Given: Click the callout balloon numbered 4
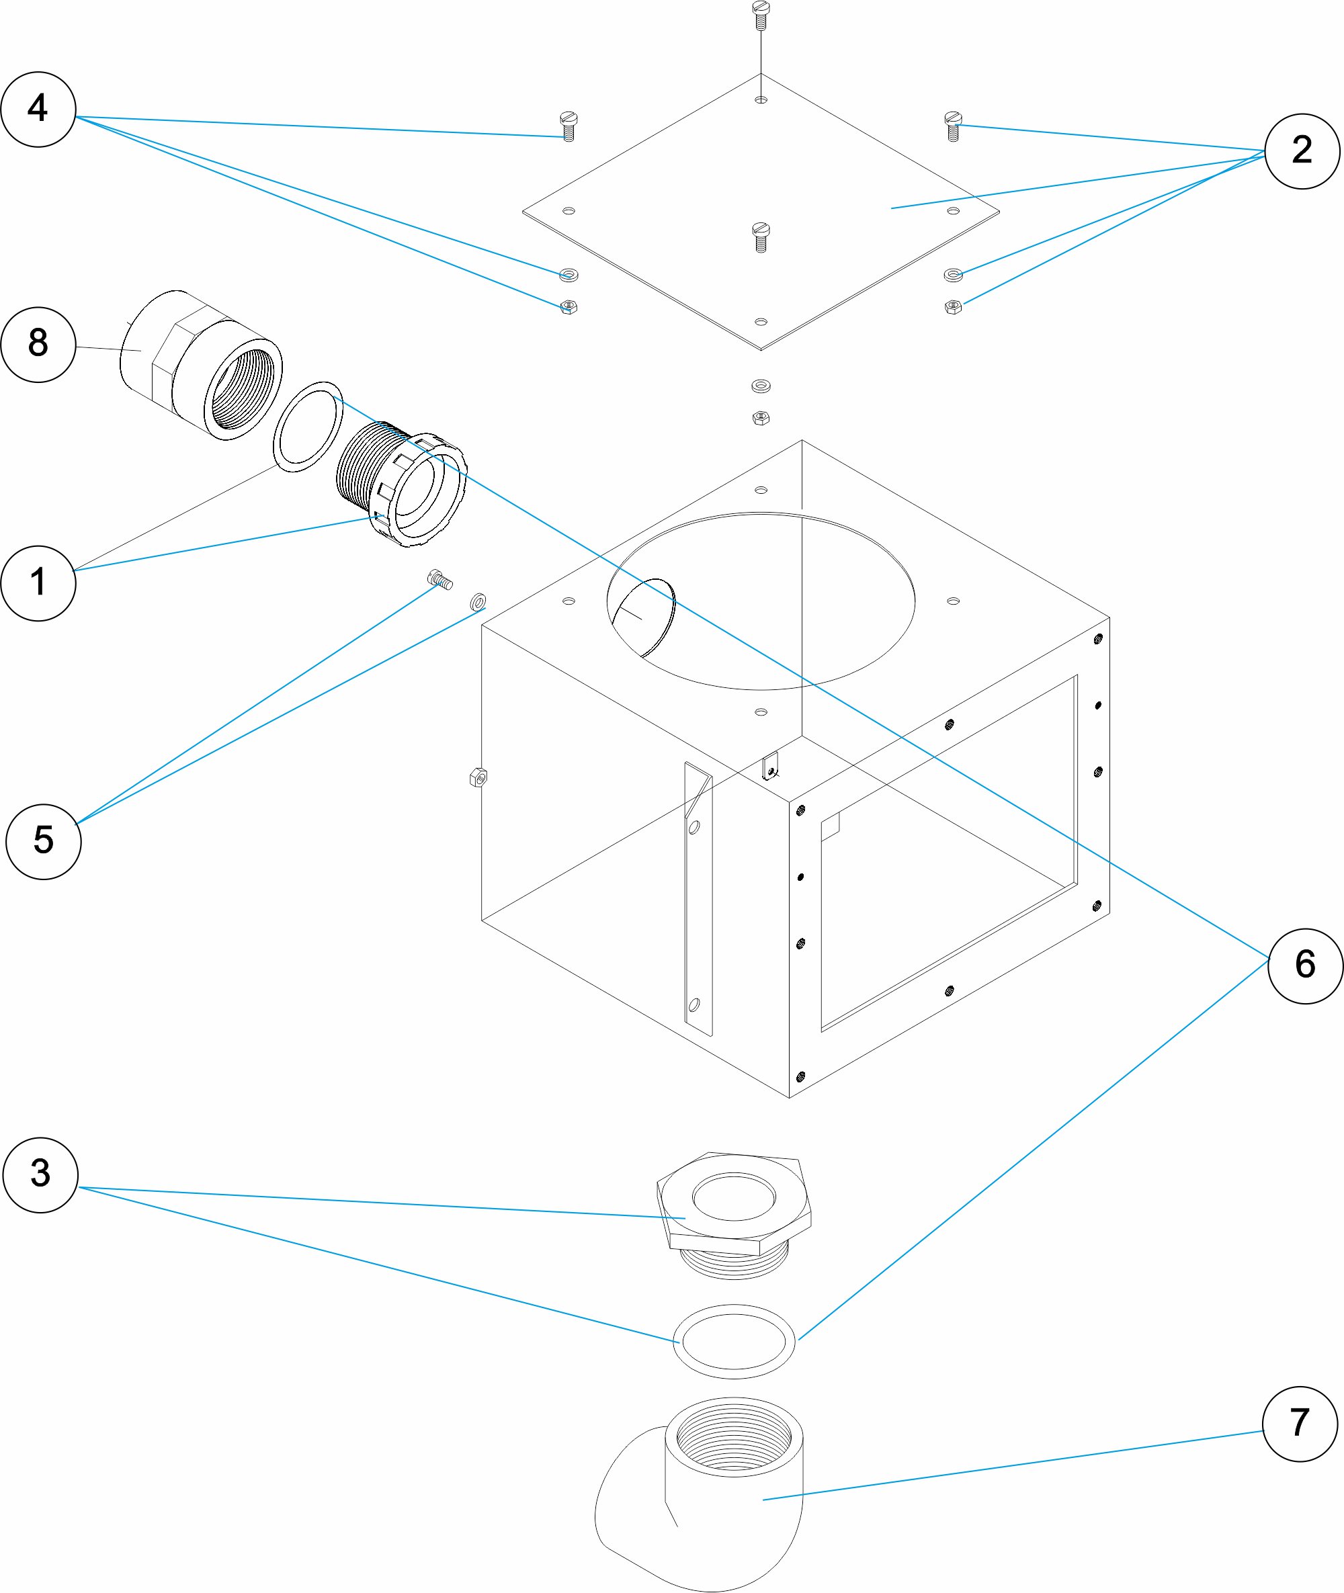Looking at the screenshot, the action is click(x=38, y=109).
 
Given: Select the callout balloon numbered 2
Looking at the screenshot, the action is click(x=1302, y=151).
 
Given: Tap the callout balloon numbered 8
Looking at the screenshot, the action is click(x=38, y=345).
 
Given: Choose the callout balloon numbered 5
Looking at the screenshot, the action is click(x=44, y=841).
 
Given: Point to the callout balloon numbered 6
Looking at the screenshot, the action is click(x=1305, y=966).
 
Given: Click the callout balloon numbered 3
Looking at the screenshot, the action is click(x=40, y=1174).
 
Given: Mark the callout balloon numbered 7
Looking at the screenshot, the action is click(x=1300, y=1424).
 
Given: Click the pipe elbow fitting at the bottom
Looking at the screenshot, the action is click(x=700, y=1495).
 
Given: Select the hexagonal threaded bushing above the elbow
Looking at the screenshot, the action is click(x=734, y=1215).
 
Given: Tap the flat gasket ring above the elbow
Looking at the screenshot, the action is click(x=734, y=1342).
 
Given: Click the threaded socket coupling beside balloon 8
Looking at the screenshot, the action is click(x=202, y=365).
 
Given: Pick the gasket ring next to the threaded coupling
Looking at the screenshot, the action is click(x=308, y=427).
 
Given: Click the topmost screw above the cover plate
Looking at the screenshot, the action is click(x=761, y=16).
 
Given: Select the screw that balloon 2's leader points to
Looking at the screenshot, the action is click(x=953, y=126).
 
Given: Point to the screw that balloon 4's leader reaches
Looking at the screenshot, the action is click(x=569, y=126).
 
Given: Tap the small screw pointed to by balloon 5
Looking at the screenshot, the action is click(x=440, y=579).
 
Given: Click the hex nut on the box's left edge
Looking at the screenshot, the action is click(x=478, y=777).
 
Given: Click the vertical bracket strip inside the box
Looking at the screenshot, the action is click(x=698, y=899).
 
